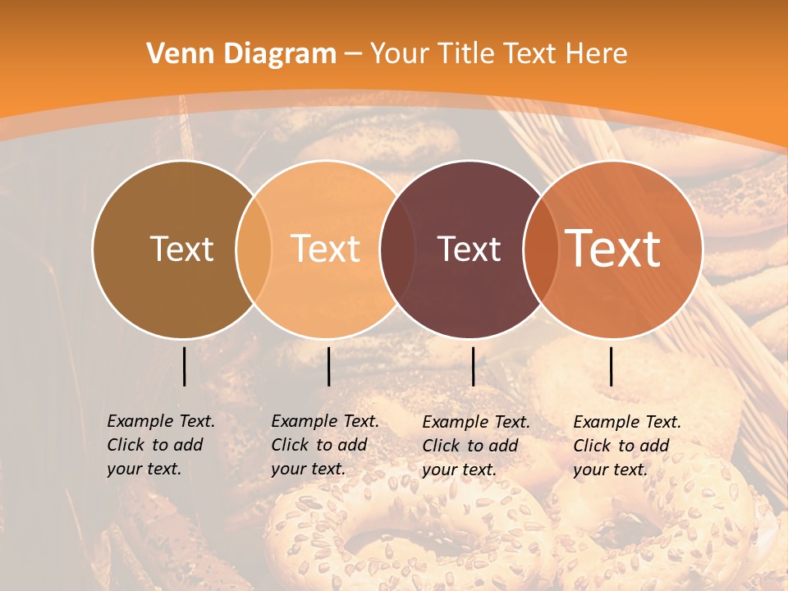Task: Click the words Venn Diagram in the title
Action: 241,54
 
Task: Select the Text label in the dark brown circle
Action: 181,249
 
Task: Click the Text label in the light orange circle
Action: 326,249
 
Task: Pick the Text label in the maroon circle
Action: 469,249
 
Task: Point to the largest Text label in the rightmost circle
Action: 613,249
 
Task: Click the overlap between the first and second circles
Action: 254,249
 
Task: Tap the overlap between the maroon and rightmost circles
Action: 540,249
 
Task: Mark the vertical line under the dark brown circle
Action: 184,366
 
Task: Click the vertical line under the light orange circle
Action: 328,366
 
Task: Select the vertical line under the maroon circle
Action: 473,366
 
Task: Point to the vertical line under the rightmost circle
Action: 611,366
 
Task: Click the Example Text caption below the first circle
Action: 160,445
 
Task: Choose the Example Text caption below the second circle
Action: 324,445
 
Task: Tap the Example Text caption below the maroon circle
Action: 475,446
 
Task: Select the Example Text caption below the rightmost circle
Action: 626,446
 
